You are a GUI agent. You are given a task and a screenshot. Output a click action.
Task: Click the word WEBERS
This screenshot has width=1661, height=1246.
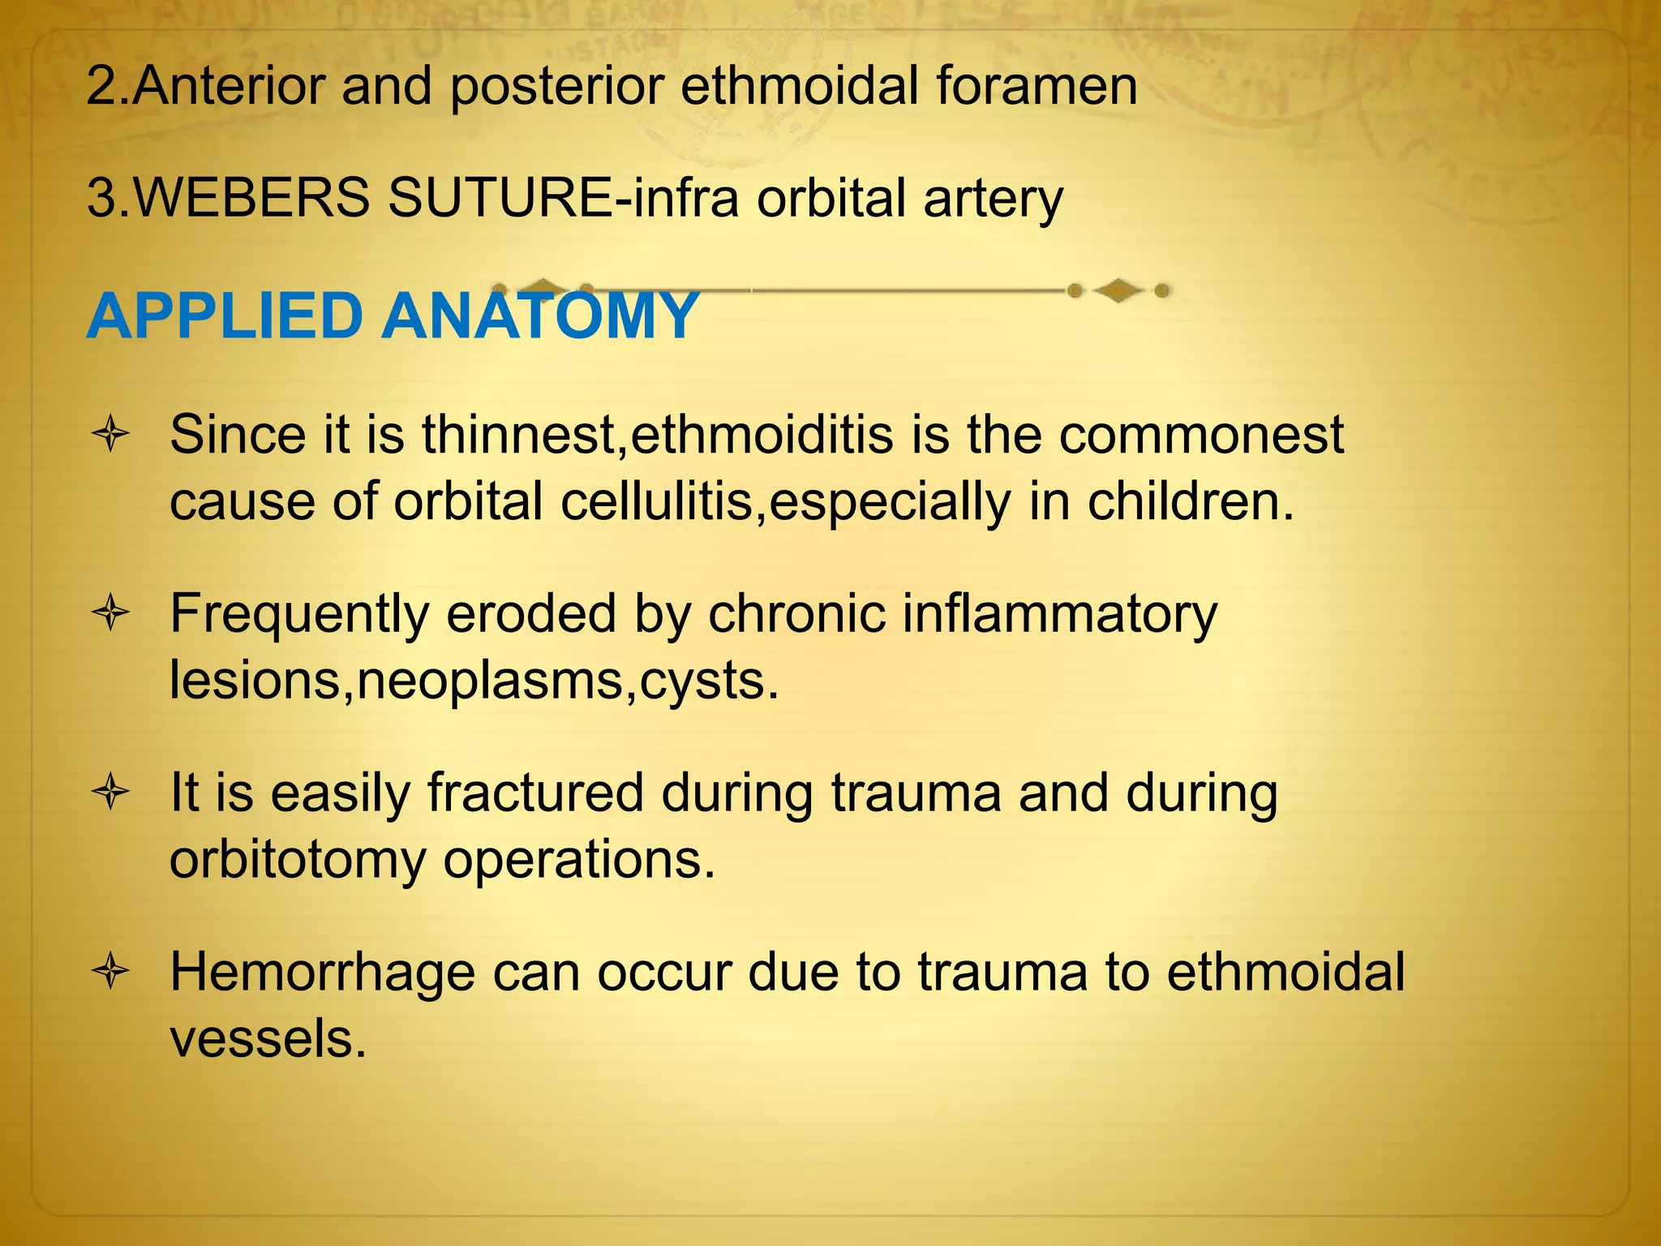tap(251, 198)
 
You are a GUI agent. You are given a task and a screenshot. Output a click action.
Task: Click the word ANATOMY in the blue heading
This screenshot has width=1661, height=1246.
tap(540, 316)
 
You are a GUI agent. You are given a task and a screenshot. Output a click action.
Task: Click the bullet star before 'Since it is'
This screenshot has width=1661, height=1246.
tap(111, 436)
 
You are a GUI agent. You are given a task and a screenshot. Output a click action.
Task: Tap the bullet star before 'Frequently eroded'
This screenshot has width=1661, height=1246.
tap(111, 614)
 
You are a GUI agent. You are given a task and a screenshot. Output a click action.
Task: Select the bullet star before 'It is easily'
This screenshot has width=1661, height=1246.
tap(111, 793)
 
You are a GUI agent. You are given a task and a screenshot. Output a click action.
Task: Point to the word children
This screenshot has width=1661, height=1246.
tap(1189, 502)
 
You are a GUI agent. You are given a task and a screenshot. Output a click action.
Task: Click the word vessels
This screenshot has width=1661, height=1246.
tap(268, 1039)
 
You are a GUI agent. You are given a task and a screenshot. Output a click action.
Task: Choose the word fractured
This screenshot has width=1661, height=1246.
tap(535, 793)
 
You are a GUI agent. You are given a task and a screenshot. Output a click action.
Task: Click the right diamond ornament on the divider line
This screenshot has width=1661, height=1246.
tap(1118, 290)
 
